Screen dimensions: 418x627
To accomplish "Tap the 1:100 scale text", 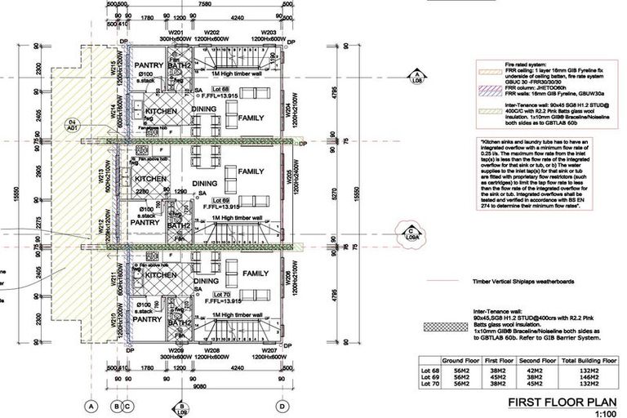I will point(604,413).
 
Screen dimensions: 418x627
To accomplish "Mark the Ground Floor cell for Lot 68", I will point(460,367).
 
